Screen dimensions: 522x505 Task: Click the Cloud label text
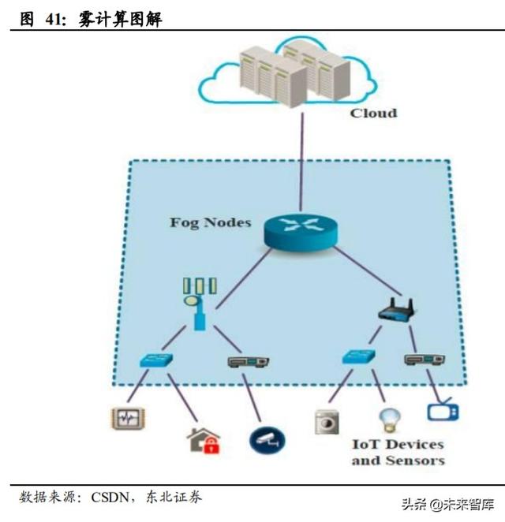point(373,113)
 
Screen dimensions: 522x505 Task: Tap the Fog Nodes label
point(210,222)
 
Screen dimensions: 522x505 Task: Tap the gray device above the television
point(425,359)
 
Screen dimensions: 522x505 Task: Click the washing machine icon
point(325,420)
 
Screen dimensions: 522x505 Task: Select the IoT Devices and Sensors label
point(397,453)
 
